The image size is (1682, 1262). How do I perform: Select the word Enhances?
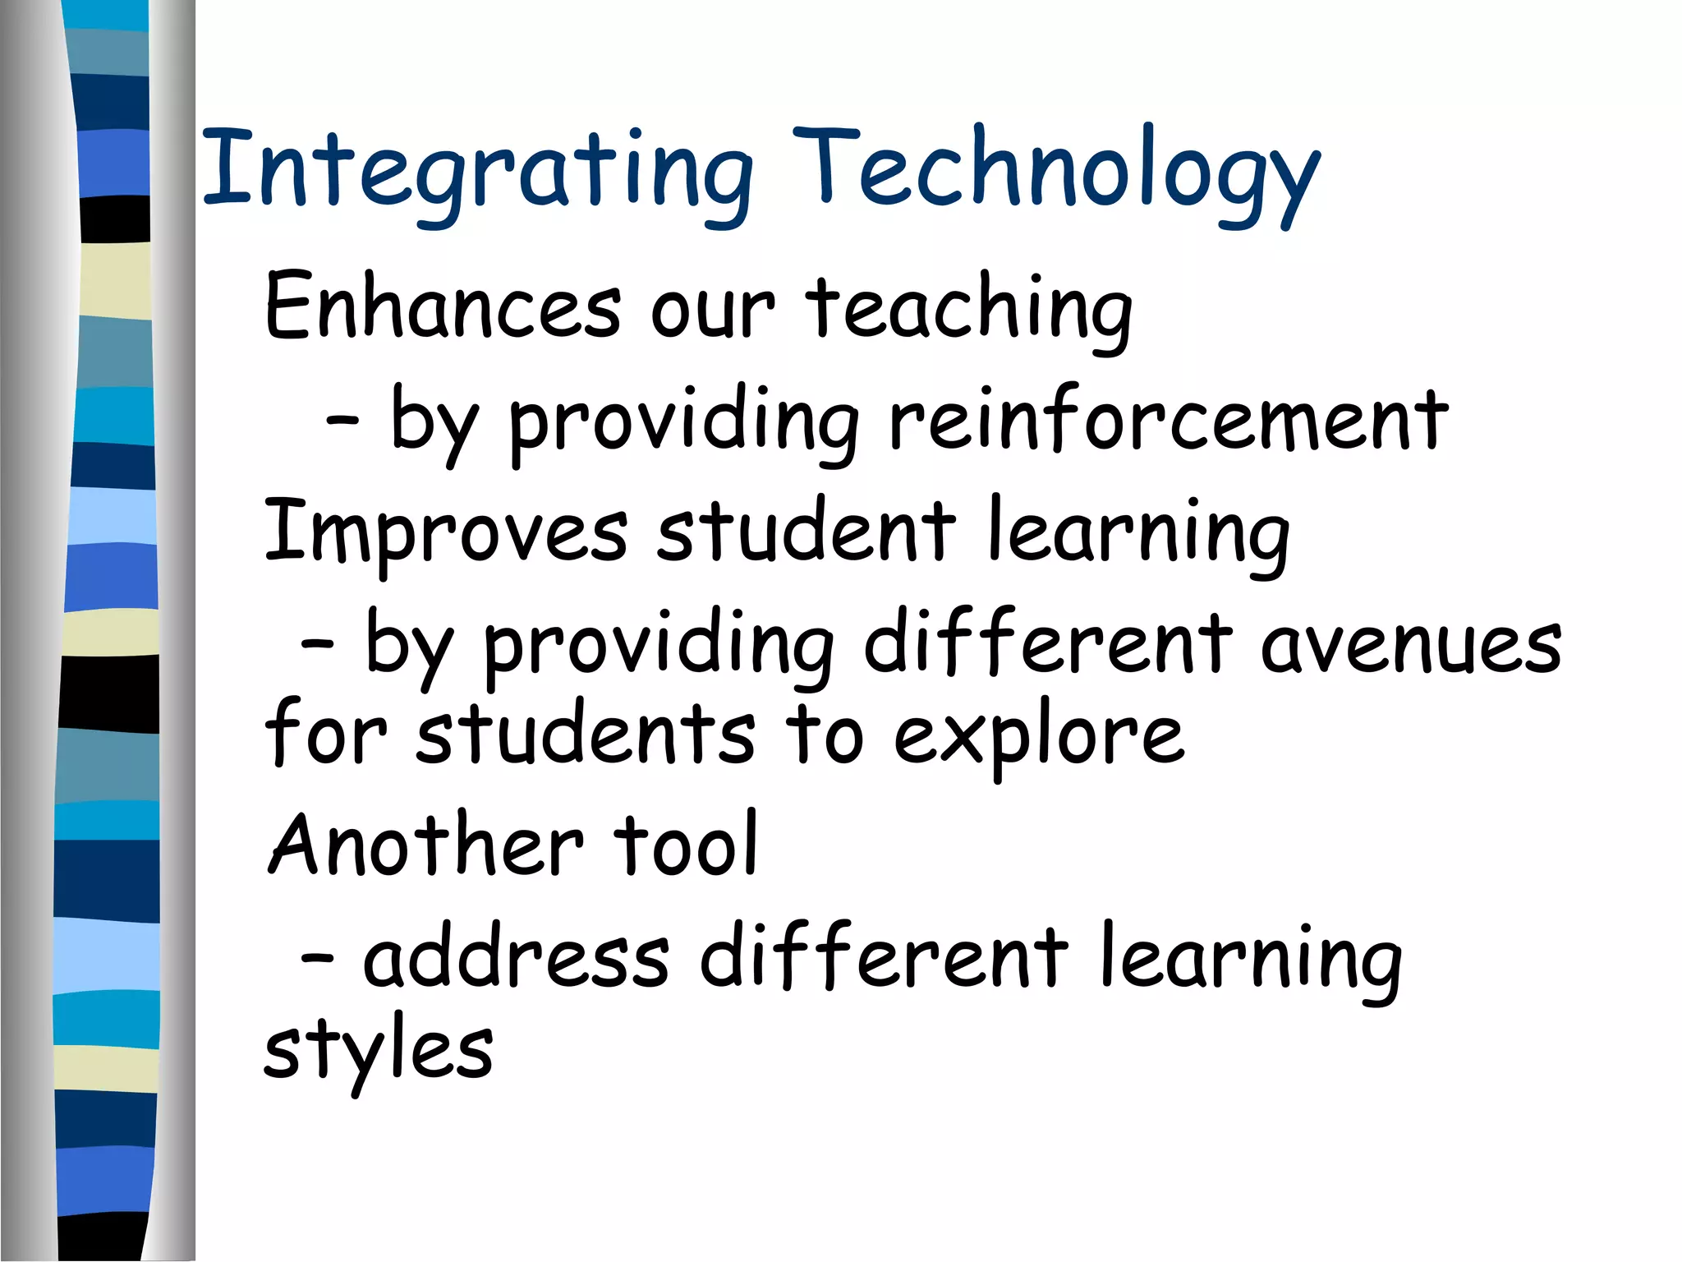click(443, 306)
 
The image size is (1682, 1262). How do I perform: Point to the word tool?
click(687, 845)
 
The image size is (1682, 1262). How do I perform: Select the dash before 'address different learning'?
click(317, 957)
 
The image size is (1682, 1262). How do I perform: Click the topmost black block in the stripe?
click(115, 219)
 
